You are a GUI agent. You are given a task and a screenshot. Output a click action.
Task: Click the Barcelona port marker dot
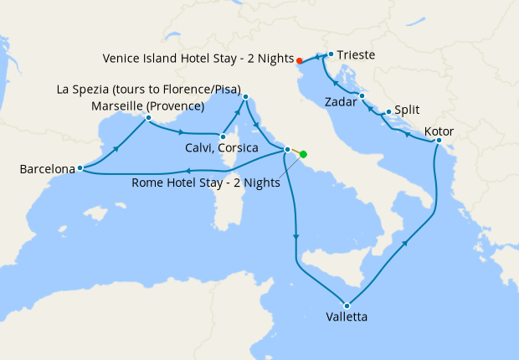tap(80, 167)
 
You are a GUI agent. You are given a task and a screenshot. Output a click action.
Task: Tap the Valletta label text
tap(347, 317)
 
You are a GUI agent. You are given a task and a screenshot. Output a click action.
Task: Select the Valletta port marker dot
tap(347, 304)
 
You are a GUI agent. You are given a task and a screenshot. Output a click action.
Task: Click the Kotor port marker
tap(439, 141)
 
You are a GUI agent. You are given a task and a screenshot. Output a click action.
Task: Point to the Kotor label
tap(440, 131)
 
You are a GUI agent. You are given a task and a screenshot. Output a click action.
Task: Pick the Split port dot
tap(388, 111)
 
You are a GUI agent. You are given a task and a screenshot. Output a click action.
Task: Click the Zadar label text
tap(341, 102)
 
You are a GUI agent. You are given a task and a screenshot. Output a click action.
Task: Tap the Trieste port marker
tap(331, 55)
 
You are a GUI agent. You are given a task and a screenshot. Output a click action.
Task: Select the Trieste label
tap(357, 56)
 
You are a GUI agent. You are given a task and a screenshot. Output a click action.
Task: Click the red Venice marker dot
tap(299, 59)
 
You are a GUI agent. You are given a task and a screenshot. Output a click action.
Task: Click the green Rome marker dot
tap(303, 154)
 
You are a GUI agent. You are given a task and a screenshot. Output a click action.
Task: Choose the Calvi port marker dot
tap(223, 136)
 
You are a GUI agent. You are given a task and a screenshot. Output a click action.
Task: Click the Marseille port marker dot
tap(148, 118)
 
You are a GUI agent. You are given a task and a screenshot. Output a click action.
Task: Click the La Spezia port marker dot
tap(245, 97)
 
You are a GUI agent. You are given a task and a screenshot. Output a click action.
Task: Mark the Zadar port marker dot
tap(362, 96)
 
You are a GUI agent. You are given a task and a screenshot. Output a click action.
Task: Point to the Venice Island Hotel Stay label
tap(198, 59)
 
